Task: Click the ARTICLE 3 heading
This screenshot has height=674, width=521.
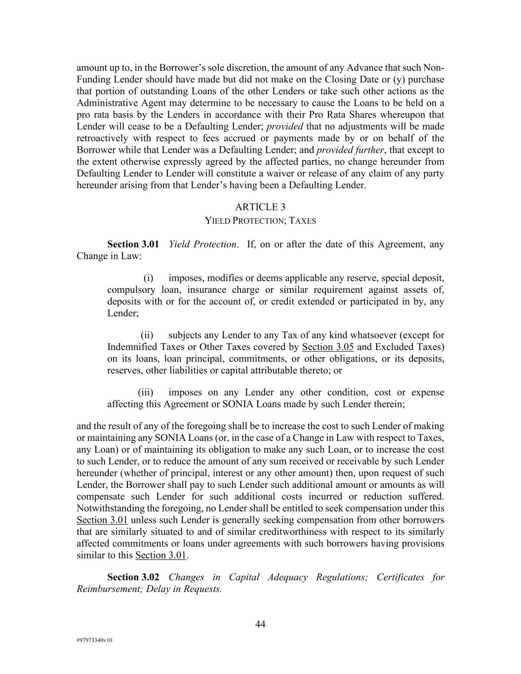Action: pyautogui.click(x=260, y=207)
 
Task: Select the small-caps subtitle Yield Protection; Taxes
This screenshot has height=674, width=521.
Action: pyautogui.click(x=260, y=221)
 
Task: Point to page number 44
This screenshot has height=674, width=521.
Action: pyautogui.click(x=260, y=625)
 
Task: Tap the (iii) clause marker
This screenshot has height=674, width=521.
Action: pyautogui.click(x=146, y=393)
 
